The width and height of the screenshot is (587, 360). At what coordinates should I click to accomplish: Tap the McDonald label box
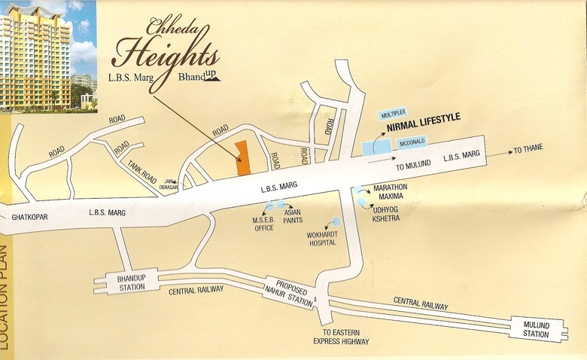point(408,140)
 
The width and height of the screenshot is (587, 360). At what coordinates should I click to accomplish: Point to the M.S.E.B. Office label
point(263,223)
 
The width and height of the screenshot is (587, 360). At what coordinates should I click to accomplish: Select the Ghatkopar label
point(30,218)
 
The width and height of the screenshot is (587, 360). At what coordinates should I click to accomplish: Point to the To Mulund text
point(412,165)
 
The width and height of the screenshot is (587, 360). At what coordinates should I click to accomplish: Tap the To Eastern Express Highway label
point(341,337)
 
